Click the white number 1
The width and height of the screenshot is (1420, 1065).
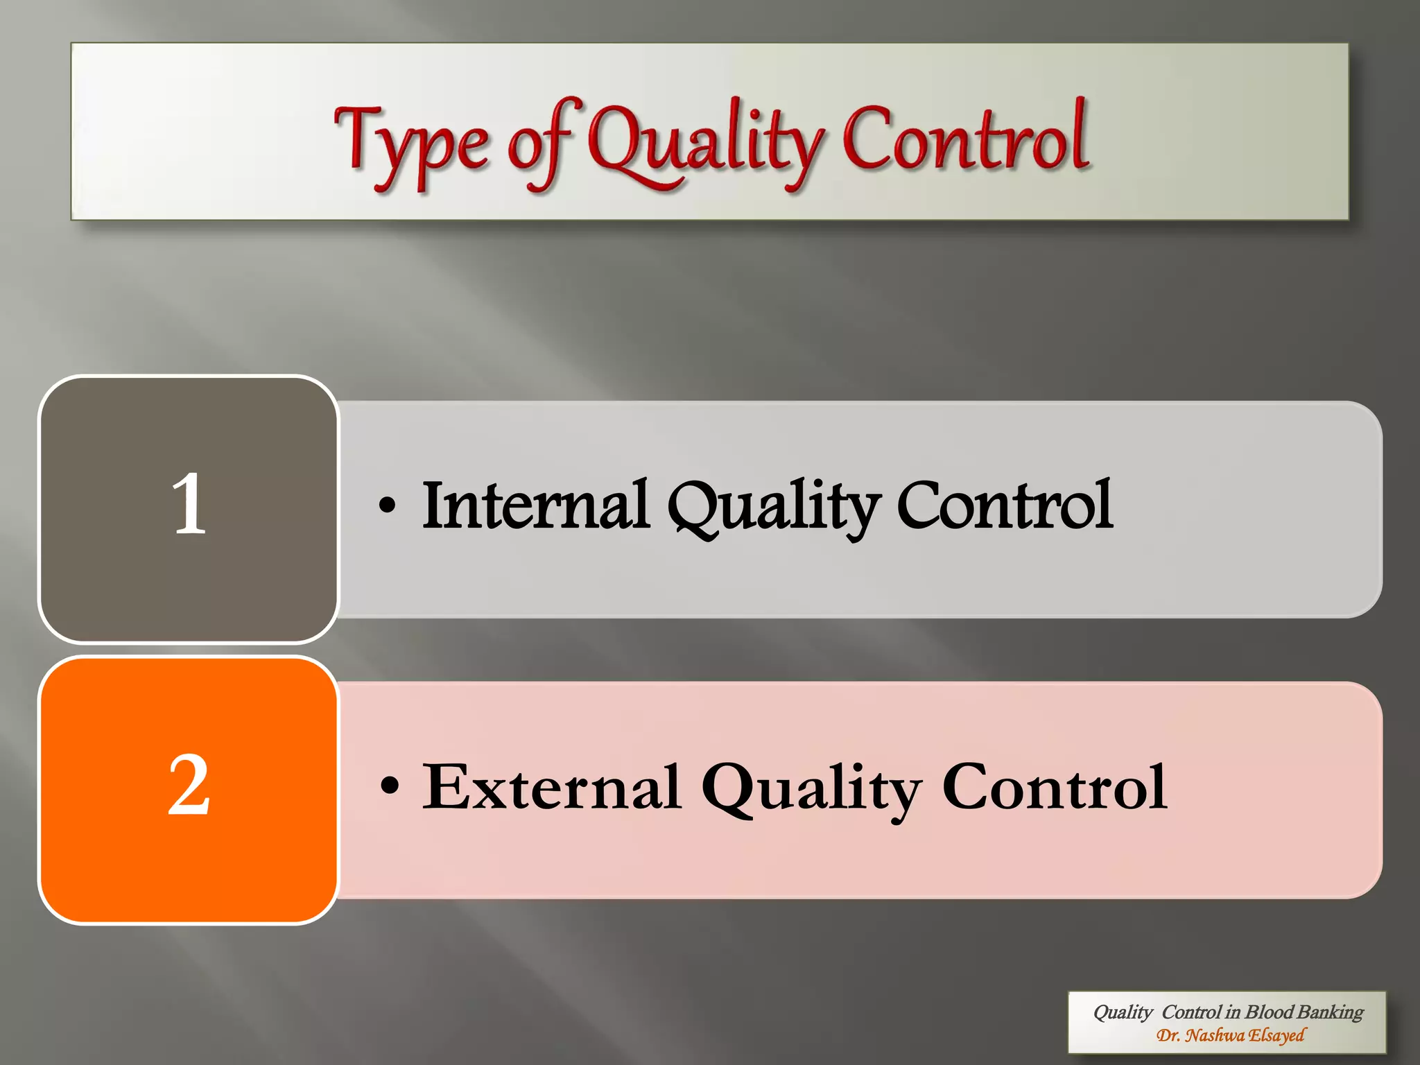[x=189, y=504]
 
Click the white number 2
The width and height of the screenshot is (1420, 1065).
[x=189, y=785]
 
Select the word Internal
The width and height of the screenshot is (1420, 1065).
[x=535, y=505]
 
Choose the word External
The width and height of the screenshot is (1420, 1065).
[x=552, y=787]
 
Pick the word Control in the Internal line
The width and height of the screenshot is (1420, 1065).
[x=1005, y=505]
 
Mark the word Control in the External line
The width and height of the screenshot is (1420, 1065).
[x=1055, y=787]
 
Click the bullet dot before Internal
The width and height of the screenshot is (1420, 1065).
[x=388, y=505]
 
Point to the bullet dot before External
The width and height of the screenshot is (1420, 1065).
[x=390, y=786]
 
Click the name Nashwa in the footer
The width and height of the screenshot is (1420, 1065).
[x=1214, y=1035]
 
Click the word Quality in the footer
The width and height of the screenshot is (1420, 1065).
[x=1123, y=1013]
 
